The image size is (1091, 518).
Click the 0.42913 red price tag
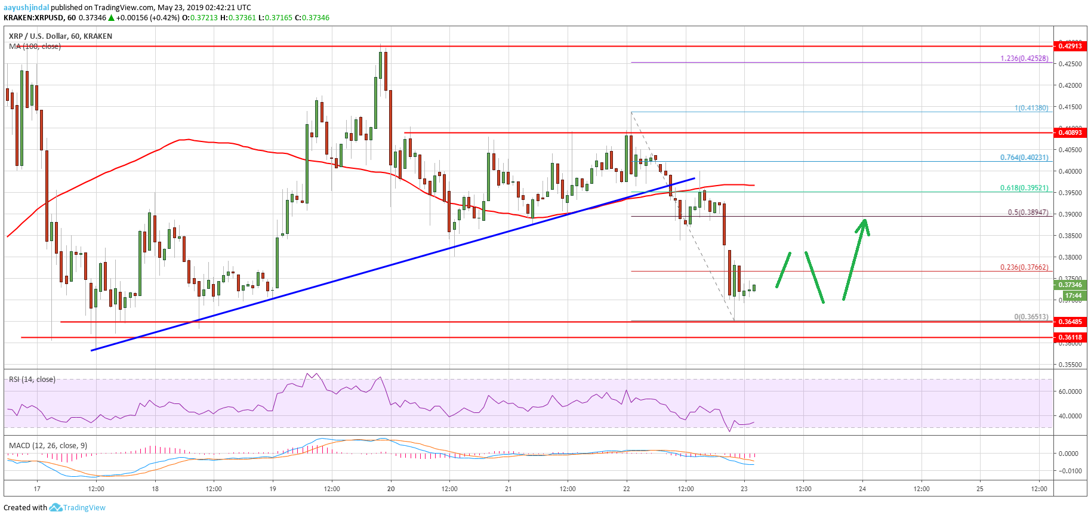[1070, 46]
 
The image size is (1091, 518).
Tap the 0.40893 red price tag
[1070, 132]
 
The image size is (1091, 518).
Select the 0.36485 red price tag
[1070, 322]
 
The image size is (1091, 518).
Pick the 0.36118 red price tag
[1070, 337]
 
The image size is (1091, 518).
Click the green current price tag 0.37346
[1070, 285]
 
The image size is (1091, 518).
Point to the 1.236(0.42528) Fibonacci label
[1024, 58]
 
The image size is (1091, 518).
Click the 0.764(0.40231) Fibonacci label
[1024, 158]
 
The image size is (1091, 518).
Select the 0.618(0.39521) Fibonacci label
[1024, 188]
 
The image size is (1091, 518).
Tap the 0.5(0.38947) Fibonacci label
[1027, 212]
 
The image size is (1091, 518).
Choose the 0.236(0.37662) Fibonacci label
[1024, 267]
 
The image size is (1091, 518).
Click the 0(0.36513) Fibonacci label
[1031, 317]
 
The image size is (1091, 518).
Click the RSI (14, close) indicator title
[32, 380]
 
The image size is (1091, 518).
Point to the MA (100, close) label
[35, 47]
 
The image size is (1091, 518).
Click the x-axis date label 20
[391, 489]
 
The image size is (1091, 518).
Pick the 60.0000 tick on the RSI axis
[1070, 391]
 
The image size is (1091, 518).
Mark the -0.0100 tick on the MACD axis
[1068, 471]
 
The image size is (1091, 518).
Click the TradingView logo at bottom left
[78, 508]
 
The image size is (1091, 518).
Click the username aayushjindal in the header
[26, 8]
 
